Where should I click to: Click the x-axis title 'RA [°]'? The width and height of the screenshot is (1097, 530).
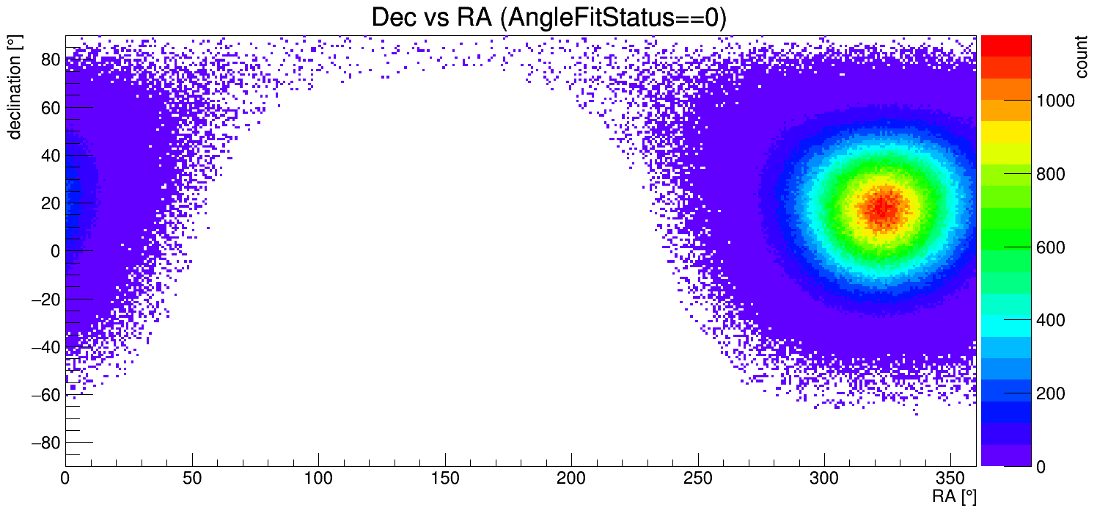(x=954, y=497)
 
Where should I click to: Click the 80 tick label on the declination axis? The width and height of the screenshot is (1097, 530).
(x=49, y=60)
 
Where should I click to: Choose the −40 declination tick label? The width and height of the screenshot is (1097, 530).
(x=44, y=347)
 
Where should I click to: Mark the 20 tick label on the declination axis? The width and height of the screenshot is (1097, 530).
(x=49, y=203)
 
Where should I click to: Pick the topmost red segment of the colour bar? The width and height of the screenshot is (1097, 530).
(x=1002, y=45)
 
